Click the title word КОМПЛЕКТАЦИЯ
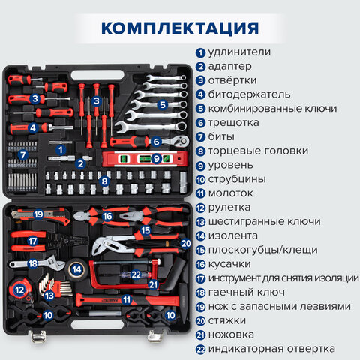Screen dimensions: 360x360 pyautogui.click(x=180, y=27)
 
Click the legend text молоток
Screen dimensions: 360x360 pyautogui.click(x=233, y=193)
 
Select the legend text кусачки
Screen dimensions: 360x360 pyautogui.click(x=233, y=263)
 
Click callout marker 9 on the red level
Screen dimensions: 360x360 pyautogui.click(x=157, y=158)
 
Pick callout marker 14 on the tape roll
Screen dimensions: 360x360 pyautogui.click(x=76, y=268)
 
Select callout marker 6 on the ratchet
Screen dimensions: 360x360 pyautogui.click(x=156, y=141)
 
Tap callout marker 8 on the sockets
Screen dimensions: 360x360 pyautogui.click(x=105, y=181)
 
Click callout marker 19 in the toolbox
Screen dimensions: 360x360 pyautogui.click(x=38, y=214)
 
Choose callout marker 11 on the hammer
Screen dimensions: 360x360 pyautogui.click(x=127, y=299)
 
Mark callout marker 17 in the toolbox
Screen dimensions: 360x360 pyautogui.click(x=32, y=241)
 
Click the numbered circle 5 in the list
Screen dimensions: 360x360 pyautogui.click(x=200, y=108)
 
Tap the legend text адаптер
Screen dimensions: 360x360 pyautogui.click(x=231, y=66)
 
